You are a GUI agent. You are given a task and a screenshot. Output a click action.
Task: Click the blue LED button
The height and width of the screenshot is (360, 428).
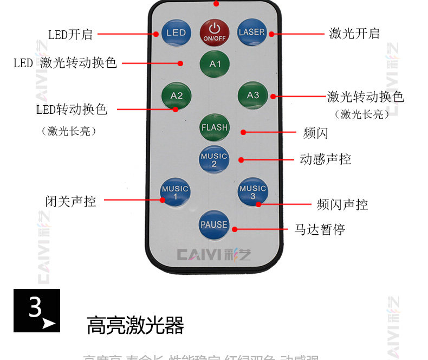point(176,33)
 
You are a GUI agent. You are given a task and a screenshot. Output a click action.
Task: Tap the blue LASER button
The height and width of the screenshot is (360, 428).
point(252,32)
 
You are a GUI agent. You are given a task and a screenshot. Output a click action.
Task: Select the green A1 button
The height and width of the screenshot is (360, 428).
point(215,64)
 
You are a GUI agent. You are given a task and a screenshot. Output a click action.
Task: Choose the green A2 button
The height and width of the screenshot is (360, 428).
point(177,96)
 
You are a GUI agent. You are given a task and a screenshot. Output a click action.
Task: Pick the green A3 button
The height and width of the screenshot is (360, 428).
point(253,95)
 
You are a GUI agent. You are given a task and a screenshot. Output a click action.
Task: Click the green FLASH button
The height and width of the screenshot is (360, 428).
point(215,128)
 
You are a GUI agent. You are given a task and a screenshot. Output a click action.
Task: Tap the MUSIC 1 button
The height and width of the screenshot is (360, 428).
point(175,192)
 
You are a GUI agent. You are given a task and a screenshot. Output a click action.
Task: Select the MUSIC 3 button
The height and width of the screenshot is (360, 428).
point(253,192)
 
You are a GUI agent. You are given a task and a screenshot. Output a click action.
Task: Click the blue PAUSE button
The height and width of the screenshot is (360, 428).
point(214,224)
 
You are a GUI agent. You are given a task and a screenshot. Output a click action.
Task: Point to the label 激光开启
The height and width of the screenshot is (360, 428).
point(354,34)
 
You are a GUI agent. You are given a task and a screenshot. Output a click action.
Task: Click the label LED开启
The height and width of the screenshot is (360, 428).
point(70,35)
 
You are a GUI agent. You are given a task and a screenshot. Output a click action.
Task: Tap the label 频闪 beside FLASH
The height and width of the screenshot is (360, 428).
point(316,133)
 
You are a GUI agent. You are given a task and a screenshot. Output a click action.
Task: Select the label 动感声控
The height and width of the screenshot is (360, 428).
point(325,159)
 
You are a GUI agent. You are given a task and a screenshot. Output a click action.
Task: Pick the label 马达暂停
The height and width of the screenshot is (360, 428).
point(320,229)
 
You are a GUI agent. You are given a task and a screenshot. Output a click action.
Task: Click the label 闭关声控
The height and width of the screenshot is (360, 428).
point(70,202)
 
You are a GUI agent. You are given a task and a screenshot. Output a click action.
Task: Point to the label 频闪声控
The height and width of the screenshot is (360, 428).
point(342,205)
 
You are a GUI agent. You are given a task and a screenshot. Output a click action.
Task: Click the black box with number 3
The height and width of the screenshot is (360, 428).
point(37,311)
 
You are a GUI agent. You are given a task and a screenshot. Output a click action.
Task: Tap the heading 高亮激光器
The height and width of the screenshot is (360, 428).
point(135,326)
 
